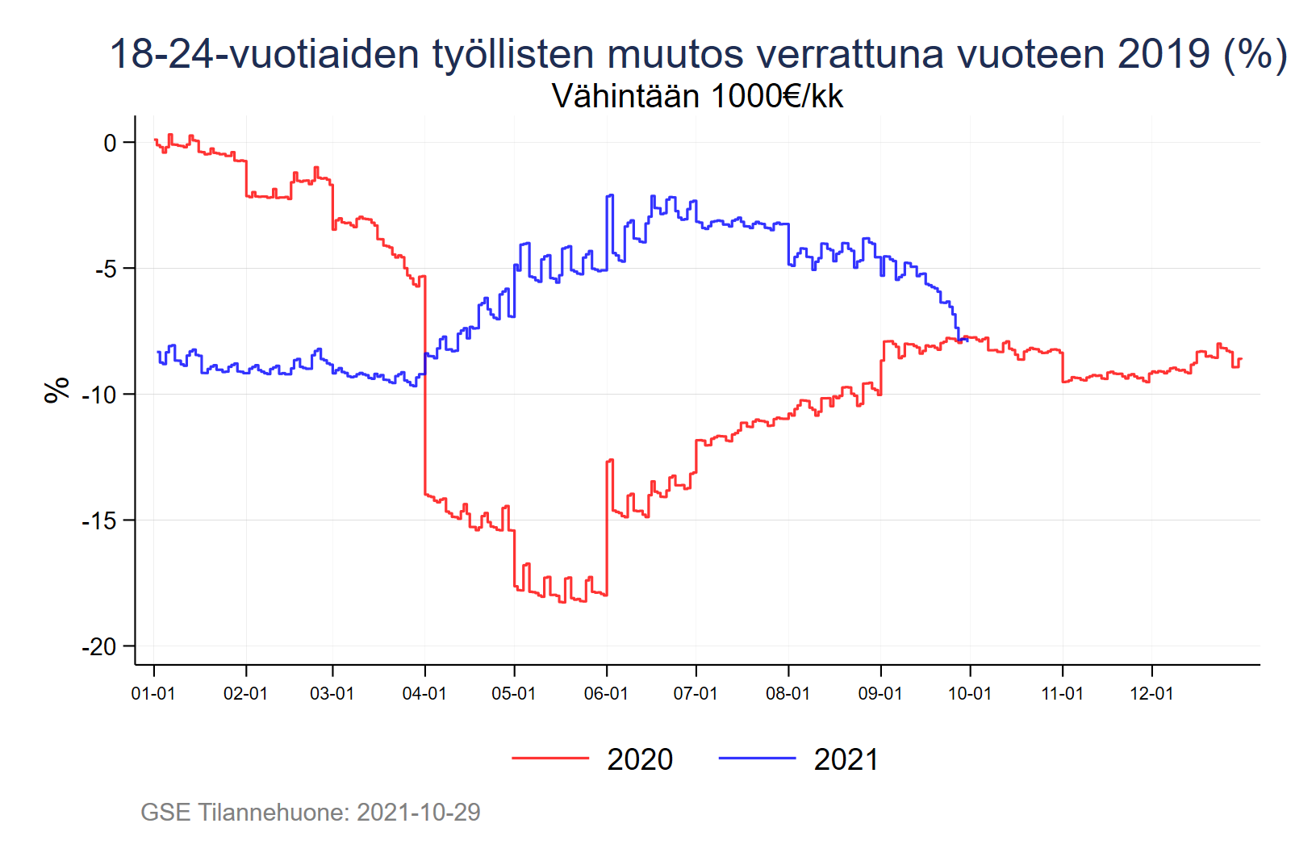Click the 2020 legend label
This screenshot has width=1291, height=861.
640,759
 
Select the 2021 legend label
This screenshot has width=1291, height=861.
846,759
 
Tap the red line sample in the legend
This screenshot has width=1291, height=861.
550,758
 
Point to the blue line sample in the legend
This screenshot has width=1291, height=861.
757,758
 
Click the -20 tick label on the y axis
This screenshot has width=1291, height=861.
99,646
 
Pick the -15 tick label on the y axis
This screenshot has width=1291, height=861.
99,520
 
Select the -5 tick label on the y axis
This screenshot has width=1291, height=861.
106,269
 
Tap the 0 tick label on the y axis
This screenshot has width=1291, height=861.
111,143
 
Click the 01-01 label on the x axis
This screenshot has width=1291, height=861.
153,694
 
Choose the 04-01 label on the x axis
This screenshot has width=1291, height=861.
424,694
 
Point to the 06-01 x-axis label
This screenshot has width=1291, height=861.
606,694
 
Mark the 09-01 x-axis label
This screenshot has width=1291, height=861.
880,694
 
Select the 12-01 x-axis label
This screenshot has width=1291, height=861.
1151,694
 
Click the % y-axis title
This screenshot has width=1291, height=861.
56,390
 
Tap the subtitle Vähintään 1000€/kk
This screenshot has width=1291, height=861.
697,96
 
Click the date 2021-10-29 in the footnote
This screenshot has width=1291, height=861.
419,812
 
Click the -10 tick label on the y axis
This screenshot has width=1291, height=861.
99,395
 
